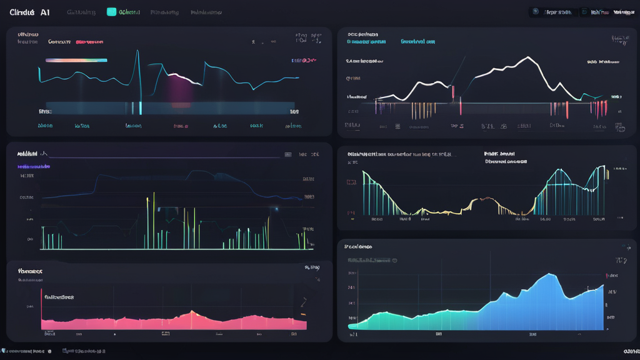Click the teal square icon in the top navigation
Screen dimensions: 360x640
[111, 12]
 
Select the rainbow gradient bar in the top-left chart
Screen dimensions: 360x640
[76, 61]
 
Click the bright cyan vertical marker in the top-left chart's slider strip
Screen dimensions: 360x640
[141, 107]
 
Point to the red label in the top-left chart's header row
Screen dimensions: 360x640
[89, 42]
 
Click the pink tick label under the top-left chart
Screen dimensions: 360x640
[180, 126]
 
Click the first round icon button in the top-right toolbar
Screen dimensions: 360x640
[535, 12]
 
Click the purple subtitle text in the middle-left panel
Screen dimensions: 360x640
[34, 167]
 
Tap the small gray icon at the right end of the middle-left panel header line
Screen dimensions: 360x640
[287, 154]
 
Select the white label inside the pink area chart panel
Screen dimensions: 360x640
[58, 297]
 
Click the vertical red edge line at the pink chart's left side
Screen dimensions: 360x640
[41, 308]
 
